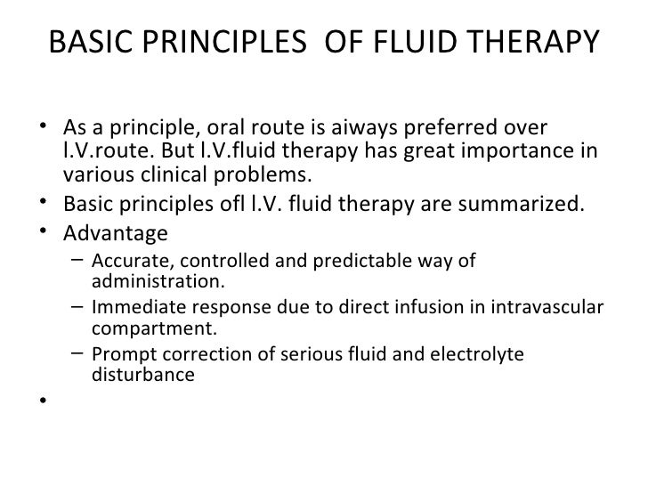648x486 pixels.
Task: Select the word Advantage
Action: pyautogui.click(x=116, y=234)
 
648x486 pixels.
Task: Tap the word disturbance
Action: pyautogui.click(x=142, y=376)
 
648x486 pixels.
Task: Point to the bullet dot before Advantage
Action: pyautogui.click(x=43, y=234)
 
